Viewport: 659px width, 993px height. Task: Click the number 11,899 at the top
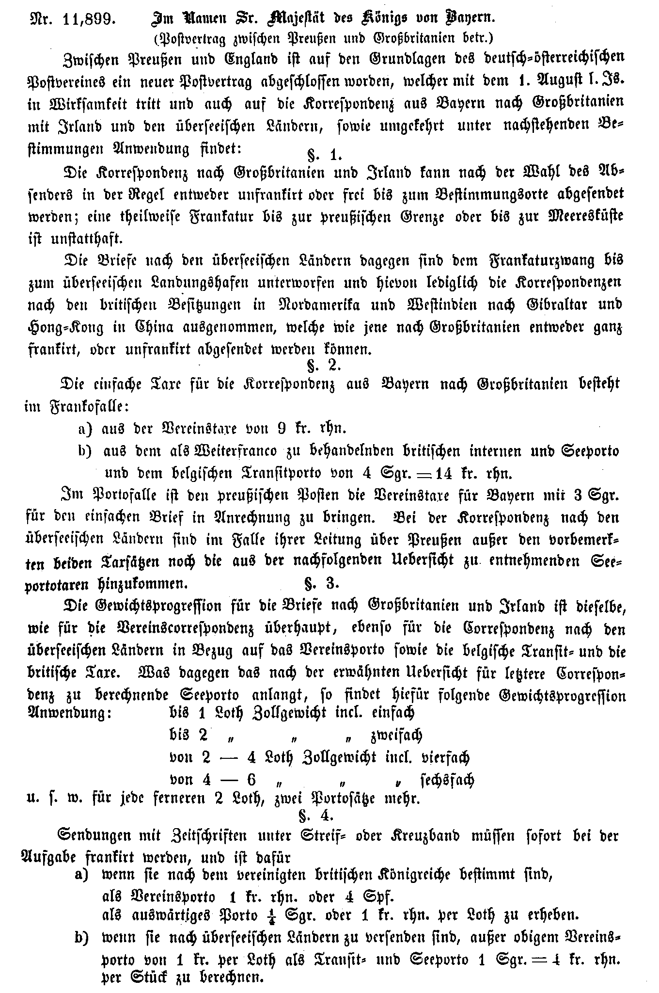click(87, 19)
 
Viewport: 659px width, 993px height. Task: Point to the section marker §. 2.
click(324, 364)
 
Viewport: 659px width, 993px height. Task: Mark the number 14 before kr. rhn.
click(442, 473)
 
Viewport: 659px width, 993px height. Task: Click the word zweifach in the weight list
click(396, 736)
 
